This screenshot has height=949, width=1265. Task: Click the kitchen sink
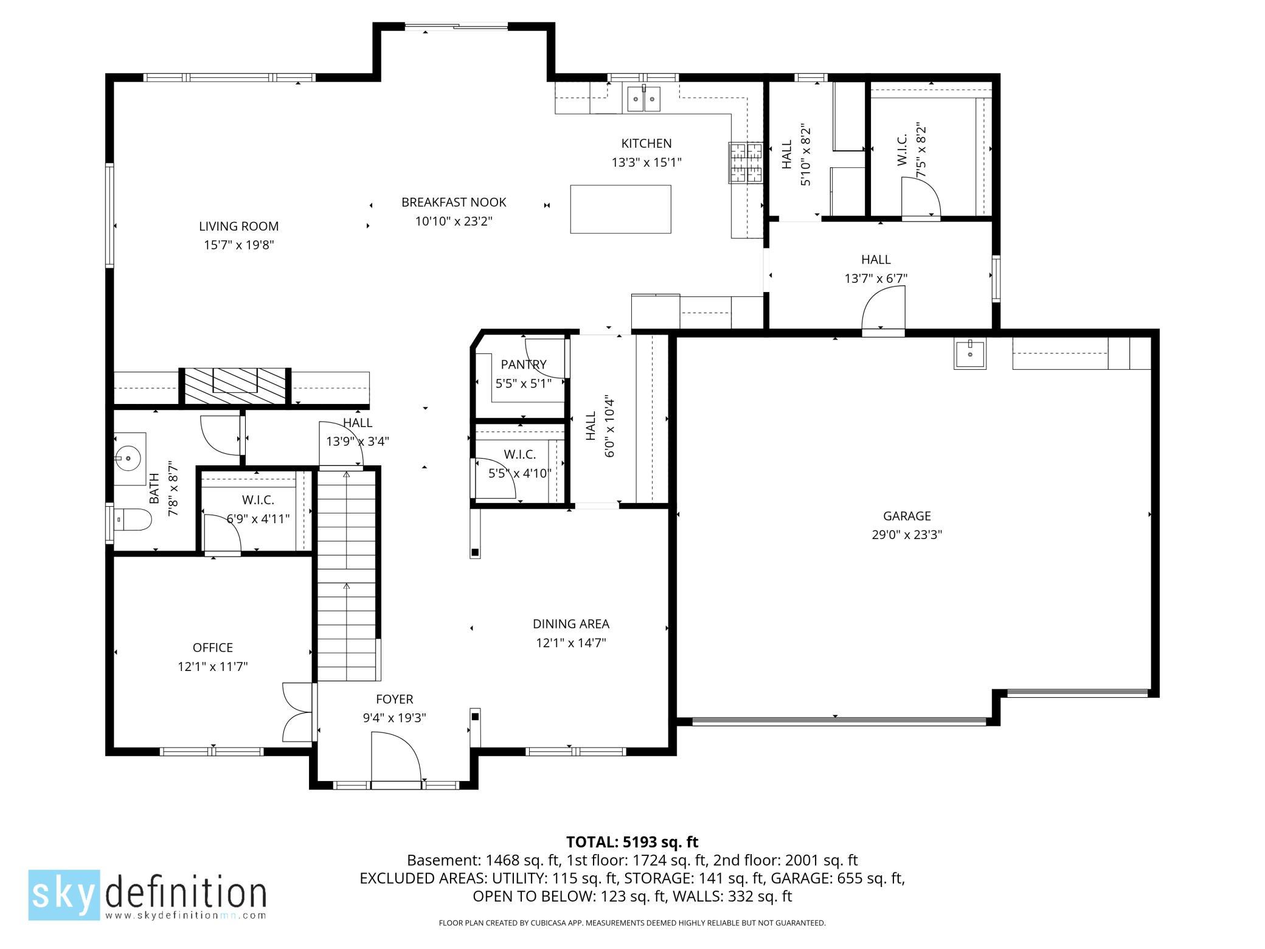click(x=643, y=99)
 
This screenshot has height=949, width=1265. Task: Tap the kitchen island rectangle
click(x=620, y=209)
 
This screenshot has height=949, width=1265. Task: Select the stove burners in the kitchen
click(x=746, y=162)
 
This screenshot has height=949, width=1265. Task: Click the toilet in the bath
click(x=133, y=520)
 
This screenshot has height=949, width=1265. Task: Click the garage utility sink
click(x=970, y=354)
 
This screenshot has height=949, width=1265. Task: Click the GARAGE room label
click(x=907, y=516)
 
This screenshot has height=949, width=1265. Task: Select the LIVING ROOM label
click(x=238, y=226)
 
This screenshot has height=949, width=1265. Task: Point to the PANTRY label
click(x=524, y=364)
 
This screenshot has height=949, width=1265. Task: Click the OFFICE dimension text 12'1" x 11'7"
click(x=213, y=667)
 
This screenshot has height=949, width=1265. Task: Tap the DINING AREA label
click(x=571, y=624)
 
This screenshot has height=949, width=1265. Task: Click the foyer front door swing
click(x=396, y=756)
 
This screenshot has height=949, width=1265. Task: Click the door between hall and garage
click(x=884, y=309)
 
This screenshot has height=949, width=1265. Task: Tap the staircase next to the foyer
click(x=347, y=575)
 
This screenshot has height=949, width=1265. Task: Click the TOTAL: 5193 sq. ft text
click(x=632, y=842)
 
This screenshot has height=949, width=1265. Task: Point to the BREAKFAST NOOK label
click(x=454, y=202)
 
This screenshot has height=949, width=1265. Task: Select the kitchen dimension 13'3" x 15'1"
click(x=646, y=162)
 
